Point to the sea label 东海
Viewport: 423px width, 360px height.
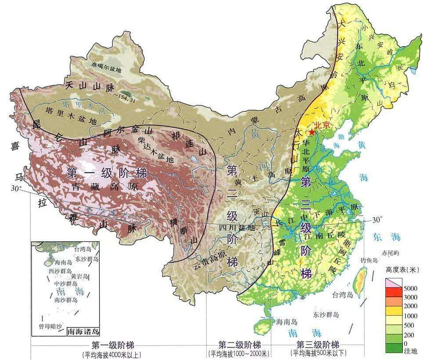pyautogui.click(x=387, y=237)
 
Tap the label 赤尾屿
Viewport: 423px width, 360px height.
pyautogui.click(x=391, y=253)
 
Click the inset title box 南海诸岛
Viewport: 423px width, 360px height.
pyautogui.click(x=83, y=332)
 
